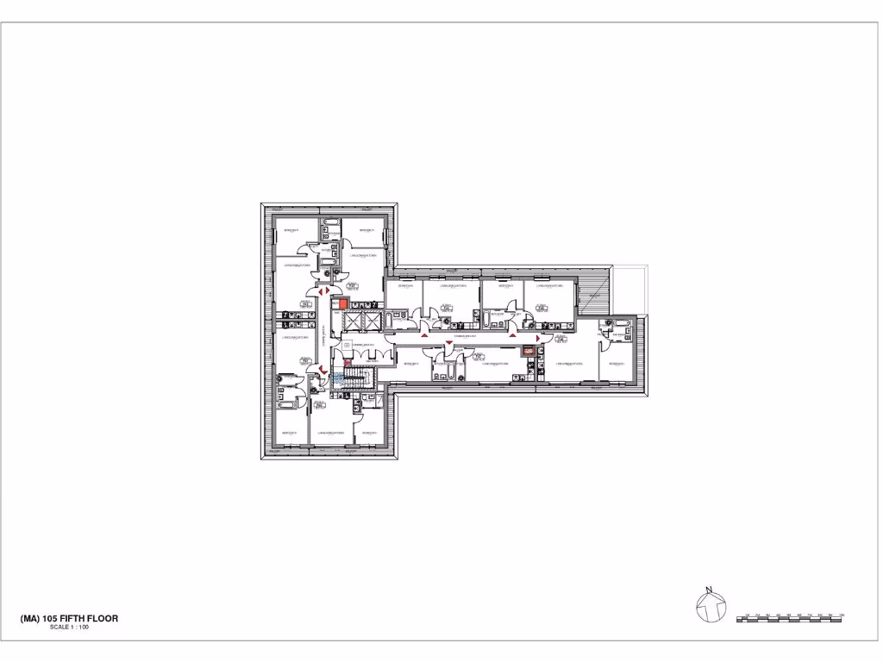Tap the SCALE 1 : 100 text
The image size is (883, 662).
(x=70, y=628)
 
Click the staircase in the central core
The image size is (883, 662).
(x=354, y=378)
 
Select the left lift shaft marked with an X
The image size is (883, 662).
(x=350, y=320)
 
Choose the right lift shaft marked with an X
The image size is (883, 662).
(x=371, y=320)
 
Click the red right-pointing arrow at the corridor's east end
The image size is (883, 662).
(x=542, y=337)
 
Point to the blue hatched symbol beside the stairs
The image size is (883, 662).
(x=338, y=378)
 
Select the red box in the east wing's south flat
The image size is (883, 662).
(x=527, y=351)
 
